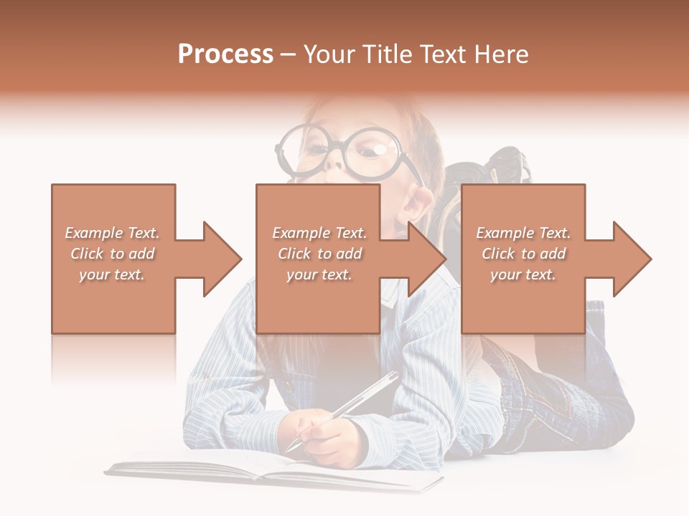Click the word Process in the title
(x=225, y=54)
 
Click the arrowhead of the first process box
(x=222, y=259)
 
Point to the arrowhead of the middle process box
(x=428, y=259)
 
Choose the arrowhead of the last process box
(x=632, y=259)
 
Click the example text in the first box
(x=112, y=254)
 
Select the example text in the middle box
(x=319, y=254)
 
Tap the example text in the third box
(x=522, y=254)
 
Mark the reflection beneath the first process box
(x=113, y=358)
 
